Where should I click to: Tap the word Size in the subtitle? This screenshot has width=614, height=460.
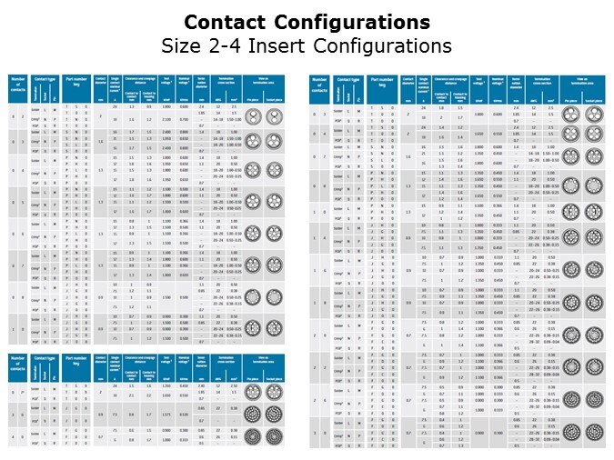coord(182,45)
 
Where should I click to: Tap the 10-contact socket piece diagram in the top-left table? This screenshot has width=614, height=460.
coord(274,327)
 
